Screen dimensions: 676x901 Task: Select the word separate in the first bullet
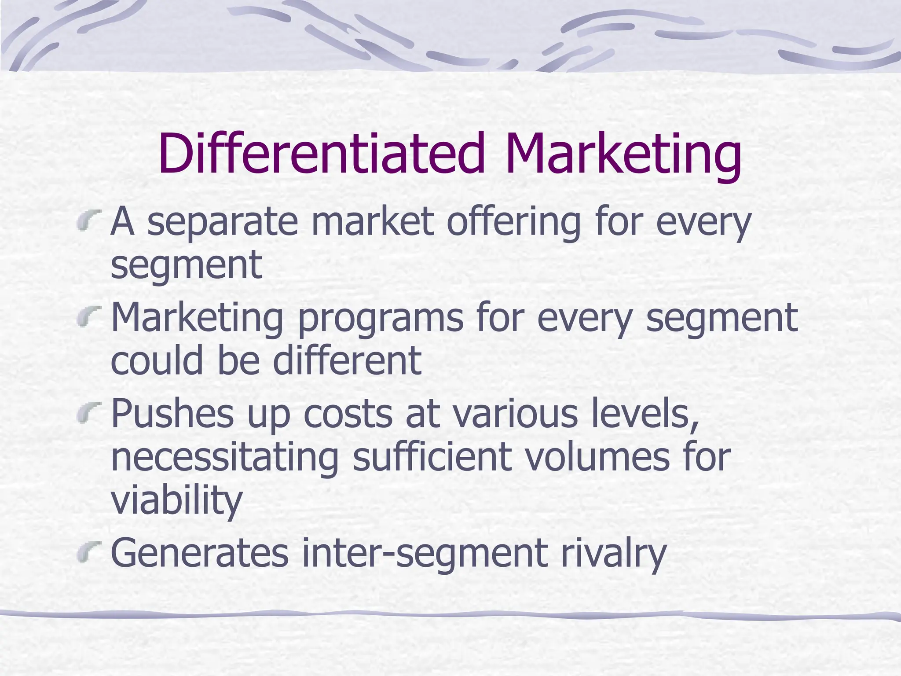pos(223,222)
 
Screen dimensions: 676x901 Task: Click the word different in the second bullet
pos(347,360)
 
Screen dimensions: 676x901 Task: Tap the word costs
pos(348,414)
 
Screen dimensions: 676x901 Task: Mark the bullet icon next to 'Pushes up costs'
pos(88,412)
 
